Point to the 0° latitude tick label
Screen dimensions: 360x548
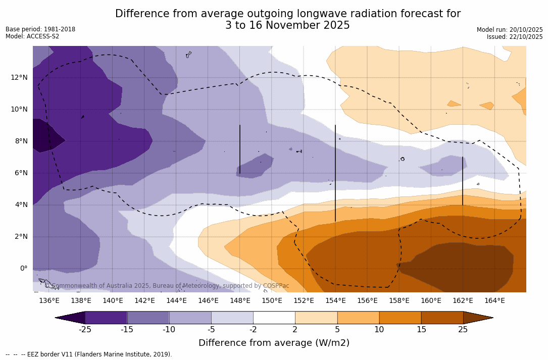[24, 268]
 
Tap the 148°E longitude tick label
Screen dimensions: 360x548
[240, 300]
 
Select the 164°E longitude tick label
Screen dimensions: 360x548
[494, 300]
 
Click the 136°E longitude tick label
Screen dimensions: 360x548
[49, 300]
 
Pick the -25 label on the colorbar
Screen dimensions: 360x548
[85, 330]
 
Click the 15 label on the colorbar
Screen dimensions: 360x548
[421, 330]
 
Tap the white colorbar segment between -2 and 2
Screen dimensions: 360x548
[274, 318]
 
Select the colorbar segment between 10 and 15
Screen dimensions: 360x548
[400, 318]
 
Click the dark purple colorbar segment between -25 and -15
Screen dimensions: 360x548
[106, 318]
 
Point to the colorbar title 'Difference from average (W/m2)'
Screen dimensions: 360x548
[274, 343]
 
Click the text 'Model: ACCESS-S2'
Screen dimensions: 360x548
[32, 36]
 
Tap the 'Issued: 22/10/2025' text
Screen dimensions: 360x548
[515, 37]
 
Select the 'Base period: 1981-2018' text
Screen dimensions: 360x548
[40, 29]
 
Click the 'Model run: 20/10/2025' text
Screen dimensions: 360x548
[510, 30]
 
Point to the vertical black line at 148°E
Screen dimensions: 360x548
[240, 149]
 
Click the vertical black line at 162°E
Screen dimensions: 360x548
[463, 181]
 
